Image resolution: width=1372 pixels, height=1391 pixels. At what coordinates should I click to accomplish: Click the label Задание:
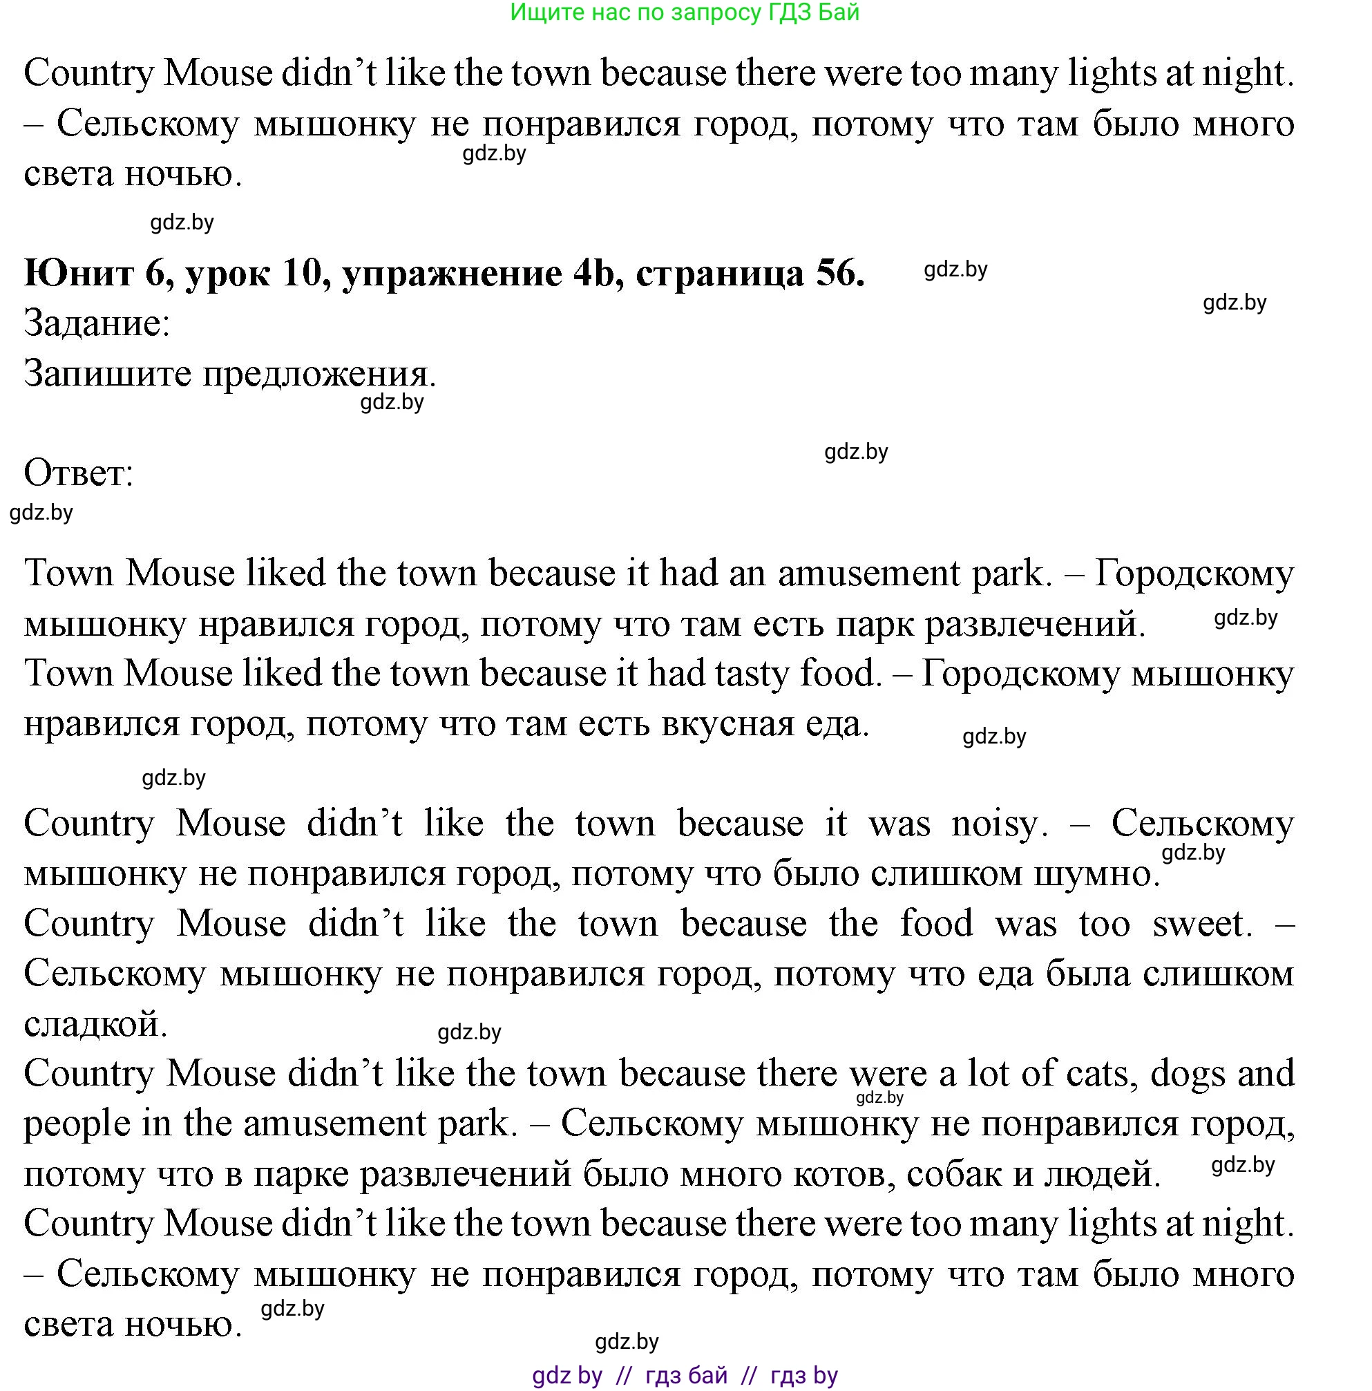[x=97, y=323]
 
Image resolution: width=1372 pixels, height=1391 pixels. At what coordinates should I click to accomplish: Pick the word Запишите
[x=108, y=374]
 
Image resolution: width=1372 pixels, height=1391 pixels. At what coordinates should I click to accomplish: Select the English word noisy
[x=996, y=824]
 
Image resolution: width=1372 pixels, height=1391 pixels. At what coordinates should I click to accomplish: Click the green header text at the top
[x=685, y=12]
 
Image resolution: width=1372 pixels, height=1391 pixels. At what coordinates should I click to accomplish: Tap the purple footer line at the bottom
[x=685, y=1376]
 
